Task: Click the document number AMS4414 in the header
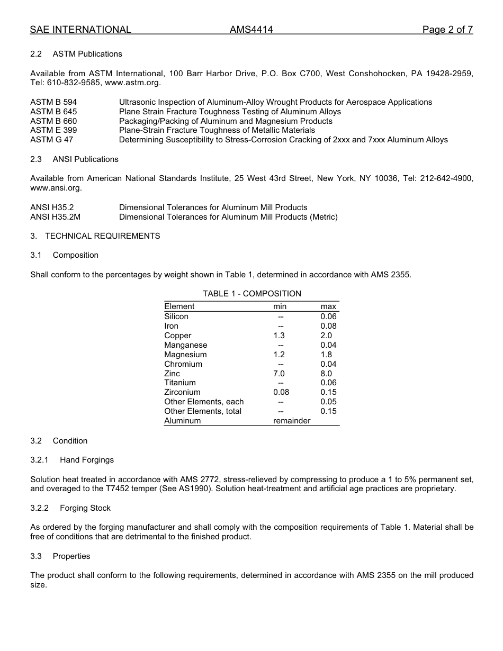click(251, 30)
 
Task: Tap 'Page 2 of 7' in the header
click(447, 30)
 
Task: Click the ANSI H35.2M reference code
click(56, 217)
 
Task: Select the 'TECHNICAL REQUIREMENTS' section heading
click(102, 236)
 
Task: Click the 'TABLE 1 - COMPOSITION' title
click(251, 294)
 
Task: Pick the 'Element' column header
click(179, 306)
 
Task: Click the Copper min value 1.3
click(279, 336)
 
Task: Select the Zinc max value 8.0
click(326, 374)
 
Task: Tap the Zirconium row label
click(182, 392)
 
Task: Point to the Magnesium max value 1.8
click(326, 355)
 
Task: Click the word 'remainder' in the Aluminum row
click(292, 421)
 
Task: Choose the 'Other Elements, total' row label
click(203, 411)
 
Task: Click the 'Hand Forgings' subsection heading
click(87, 460)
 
